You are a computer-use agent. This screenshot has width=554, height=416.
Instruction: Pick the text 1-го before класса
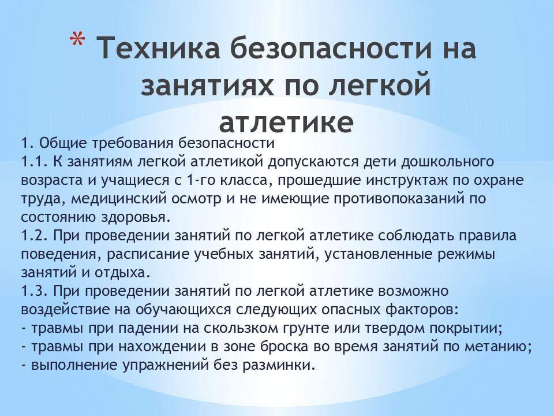210,180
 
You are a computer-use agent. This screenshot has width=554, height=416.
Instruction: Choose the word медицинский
102,199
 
